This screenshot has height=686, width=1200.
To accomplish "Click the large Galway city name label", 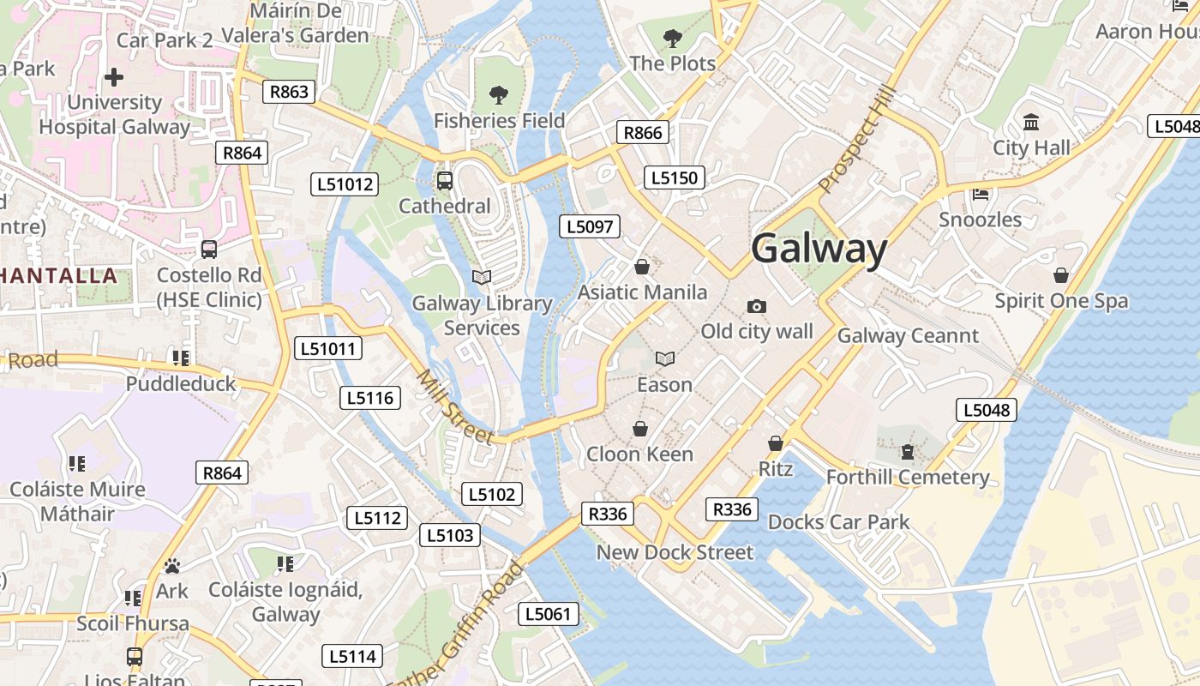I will pyautogui.click(x=819, y=249).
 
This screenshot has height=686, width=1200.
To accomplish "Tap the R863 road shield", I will pyautogui.click(x=289, y=92).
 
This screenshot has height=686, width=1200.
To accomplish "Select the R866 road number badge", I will pyautogui.click(x=643, y=132).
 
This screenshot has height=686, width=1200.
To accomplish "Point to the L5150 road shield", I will pyautogui.click(x=675, y=178).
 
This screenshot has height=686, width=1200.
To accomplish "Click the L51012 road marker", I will pyautogui.click(x=344, y=184).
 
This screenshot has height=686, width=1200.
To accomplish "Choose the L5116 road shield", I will pyautogui.click(x=370, y=398).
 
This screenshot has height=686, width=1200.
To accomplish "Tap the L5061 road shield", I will pyautogui.click(x=549, y=614).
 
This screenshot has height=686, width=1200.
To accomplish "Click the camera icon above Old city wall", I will pyautogui.click(x=756, y=306).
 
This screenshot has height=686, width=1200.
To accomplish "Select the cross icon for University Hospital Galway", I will pyautogui.click(x=113, y=77).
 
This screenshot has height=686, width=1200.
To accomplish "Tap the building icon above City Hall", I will pyautogui.click(x=1031, y=122).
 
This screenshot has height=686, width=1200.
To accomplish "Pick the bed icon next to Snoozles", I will pyautogui.click(x=981, y=194).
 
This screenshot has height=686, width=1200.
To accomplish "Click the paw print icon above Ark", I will pyautogui.click(x=172, y=566).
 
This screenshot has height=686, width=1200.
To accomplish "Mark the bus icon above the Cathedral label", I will pyautogui.click(x=444, y=180).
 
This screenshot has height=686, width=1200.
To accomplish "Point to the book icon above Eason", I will pyautogui.click(x=664, y=358).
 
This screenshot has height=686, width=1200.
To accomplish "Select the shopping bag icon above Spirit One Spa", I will pyautogui.click(x=1060, y=275).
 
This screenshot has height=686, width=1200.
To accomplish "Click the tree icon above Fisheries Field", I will pyautogui.click(x=498, y=95).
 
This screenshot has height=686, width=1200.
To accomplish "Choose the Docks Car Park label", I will pyautogui.click(x=838, y=521).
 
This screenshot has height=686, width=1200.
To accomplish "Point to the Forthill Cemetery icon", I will pyautogui.click(x=908, y=451).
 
